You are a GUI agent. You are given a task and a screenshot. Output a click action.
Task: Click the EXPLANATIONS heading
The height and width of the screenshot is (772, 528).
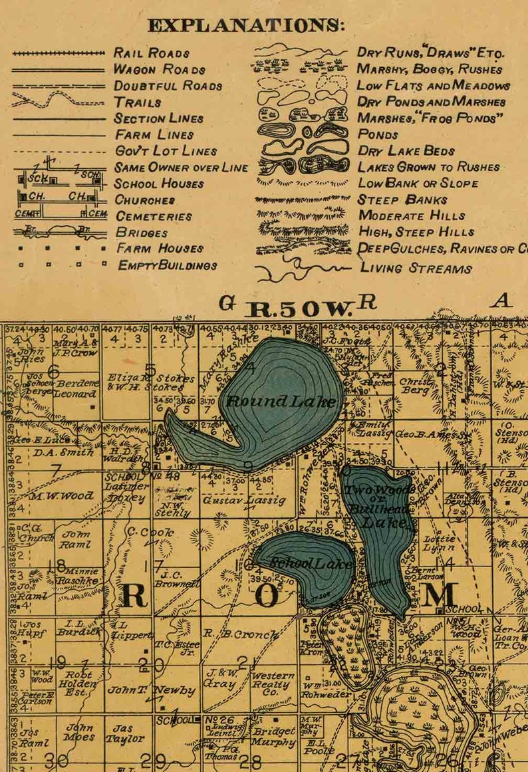[246, 26]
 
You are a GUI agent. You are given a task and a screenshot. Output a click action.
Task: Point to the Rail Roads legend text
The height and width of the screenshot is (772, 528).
[152, 53]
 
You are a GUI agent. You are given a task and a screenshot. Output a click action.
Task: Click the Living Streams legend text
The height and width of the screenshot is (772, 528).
[416, 268]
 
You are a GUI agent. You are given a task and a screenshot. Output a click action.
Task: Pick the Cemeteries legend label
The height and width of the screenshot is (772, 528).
[154, 216]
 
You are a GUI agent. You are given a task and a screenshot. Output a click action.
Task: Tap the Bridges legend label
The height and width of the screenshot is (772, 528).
[142, 233]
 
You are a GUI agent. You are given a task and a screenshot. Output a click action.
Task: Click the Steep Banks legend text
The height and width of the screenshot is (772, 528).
[403, 199]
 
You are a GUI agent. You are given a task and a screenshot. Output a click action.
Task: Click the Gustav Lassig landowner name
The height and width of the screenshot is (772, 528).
[244, 499]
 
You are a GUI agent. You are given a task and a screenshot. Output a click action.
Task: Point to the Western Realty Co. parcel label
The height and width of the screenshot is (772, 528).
[272, 684]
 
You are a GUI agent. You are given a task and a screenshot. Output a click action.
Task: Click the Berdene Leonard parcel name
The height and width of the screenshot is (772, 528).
[76, 389]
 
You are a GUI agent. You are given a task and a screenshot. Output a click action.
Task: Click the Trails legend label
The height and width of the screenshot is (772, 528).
[138, 102]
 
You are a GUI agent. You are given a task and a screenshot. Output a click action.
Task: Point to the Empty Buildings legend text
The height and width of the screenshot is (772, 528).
[167, 265]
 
